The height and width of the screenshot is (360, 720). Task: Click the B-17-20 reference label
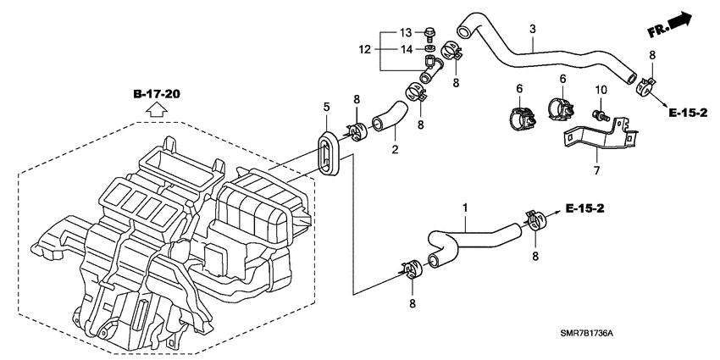(x=157, y=94)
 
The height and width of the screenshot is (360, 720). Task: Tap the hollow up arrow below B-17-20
(x=157, y=110)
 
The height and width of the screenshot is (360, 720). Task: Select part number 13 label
(x=406, y=32)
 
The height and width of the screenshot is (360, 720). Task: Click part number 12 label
(x=364, y=50)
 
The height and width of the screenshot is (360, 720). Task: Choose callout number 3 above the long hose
(x=533, y=29)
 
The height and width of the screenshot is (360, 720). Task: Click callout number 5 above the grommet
(x=326, y=108)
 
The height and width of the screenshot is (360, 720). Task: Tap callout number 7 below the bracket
(x=596, y=171)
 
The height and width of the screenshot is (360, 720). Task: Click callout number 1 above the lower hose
(x=465, y=208)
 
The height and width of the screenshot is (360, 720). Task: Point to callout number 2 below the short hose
(x=395, y=149)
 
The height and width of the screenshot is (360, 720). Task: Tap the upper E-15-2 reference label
(x=688, y=113)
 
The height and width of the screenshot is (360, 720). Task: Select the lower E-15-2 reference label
(x=584, y=208)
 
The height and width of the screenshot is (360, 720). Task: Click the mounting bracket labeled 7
(x=597, y=137)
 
